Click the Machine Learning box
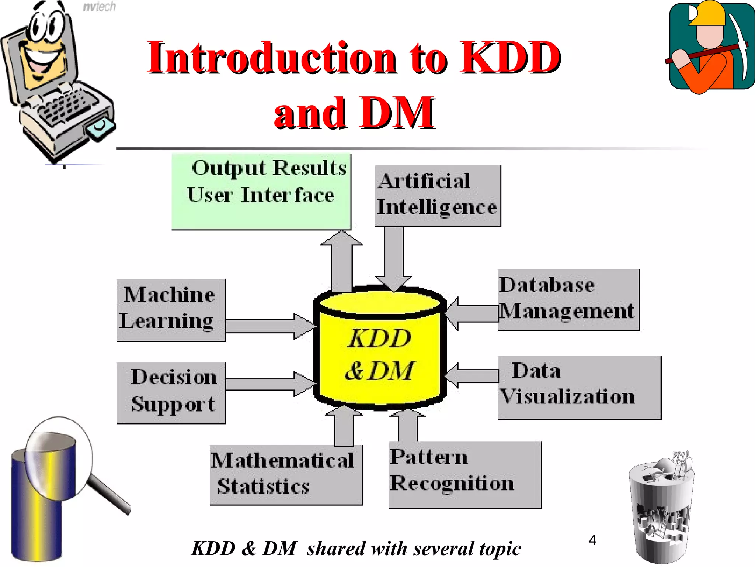point(171,310)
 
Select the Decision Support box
point(171,393)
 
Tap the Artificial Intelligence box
point(438,196)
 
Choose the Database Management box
point(568,300)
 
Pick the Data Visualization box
point(579,387)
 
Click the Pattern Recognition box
point(465,474)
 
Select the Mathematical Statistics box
point(286,475)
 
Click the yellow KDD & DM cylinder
point(380,354)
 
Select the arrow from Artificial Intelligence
point(394,258)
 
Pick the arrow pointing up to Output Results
point(341,262)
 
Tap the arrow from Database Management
point(472,314)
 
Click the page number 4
point(592,540)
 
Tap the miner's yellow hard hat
point(707,14)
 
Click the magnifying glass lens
point(59,458)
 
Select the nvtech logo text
point(99,7)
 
